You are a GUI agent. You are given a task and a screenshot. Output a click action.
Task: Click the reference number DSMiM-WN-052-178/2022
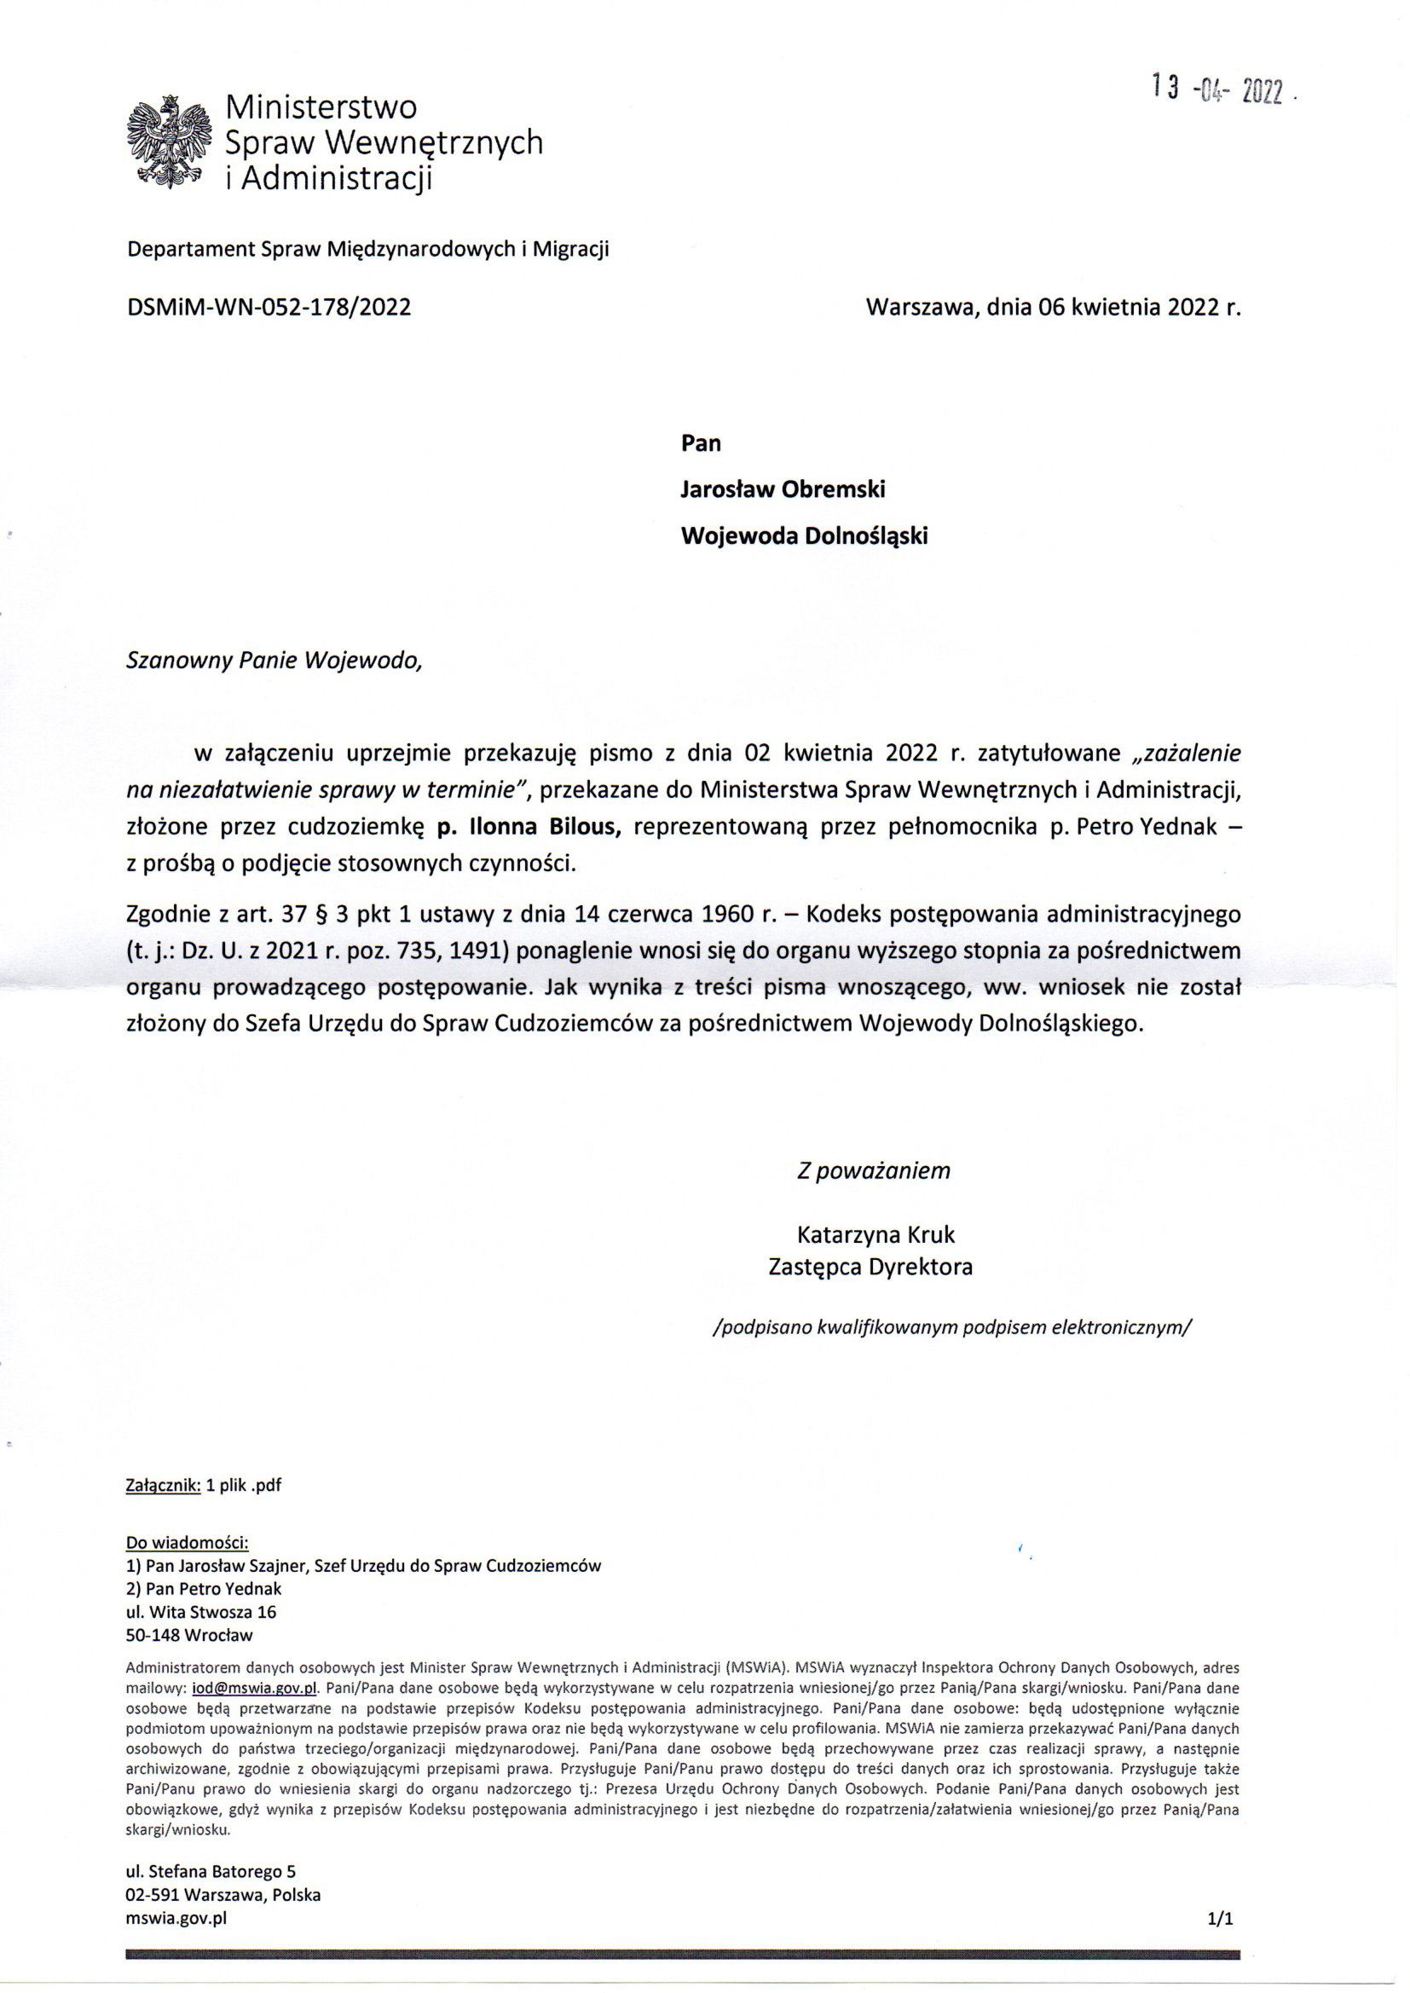tap(269, 307)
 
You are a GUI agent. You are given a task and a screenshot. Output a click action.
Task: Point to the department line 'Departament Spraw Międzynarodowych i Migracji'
tap(368, 250)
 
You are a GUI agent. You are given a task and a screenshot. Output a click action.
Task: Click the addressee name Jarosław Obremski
tap(783, 488)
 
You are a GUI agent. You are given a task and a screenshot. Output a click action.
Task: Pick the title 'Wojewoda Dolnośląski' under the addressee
tap(804, 535)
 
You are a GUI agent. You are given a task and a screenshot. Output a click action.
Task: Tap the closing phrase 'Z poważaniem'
tap(874, 1170)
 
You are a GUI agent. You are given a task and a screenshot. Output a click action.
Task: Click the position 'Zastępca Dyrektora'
tap(870, 1267)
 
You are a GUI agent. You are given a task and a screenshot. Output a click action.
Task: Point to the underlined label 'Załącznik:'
tap(163, 1484)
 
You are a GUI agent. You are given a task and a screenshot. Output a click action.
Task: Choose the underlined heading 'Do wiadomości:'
tap(188, 1543)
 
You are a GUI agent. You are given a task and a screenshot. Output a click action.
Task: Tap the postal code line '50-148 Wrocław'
tap(189, 1636)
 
